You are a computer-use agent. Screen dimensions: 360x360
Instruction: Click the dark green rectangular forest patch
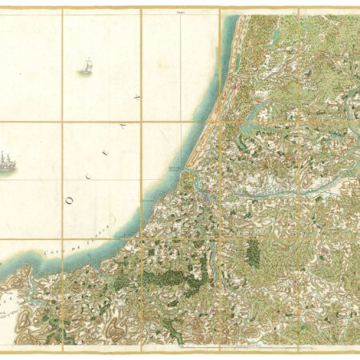252,253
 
